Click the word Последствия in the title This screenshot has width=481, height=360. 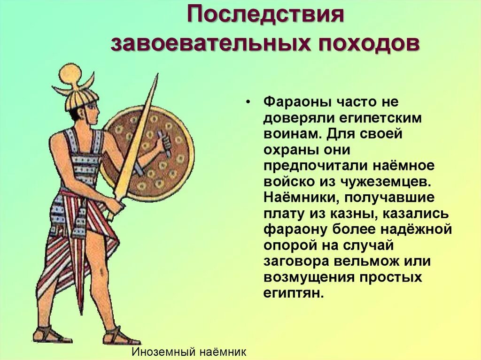point(266,17)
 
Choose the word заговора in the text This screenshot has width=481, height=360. point(296,261)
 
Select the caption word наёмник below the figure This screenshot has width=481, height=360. point(223,352)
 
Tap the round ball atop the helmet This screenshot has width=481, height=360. point(70,74)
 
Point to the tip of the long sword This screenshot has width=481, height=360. point(156,76)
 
